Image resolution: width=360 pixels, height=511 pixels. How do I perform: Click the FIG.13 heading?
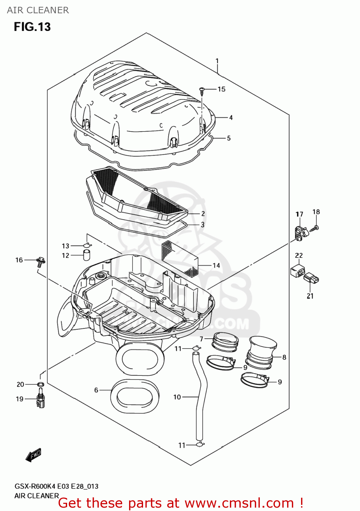pyautogui.click(x=32, y=27)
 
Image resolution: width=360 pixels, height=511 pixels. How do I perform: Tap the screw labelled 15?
pyautogui.click(x=202, y=90)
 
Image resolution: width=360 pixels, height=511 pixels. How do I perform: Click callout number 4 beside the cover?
pyautogui.click(x=231, y=118)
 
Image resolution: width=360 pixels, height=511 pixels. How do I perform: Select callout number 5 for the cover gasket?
pyautogui.click(x=229, y=138)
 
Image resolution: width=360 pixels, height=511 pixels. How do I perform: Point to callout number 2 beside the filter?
pyautogui.click(x=203, y=214)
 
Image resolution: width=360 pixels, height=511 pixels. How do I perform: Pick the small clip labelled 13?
pyautogui.click(x=88, y=245)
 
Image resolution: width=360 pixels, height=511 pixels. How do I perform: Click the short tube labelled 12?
pyautogui.click(x=87, y=255)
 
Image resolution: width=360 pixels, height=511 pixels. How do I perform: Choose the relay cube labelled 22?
pyautogui.click(x=297, y=269)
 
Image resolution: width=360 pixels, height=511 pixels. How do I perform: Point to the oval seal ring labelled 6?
pyautogui.click(x=135, y=396)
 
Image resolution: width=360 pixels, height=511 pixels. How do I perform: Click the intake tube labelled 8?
pyautogui.click(x=262, y=353)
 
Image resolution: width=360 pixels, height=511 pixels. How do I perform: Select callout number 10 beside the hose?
pyautogui.click(x=177, y=397)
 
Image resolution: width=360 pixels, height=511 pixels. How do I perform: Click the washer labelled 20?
pyautogui.click(x=40, y=385)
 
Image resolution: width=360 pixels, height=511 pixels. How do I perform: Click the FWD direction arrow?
pyautogui.click(x=33, y=455)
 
